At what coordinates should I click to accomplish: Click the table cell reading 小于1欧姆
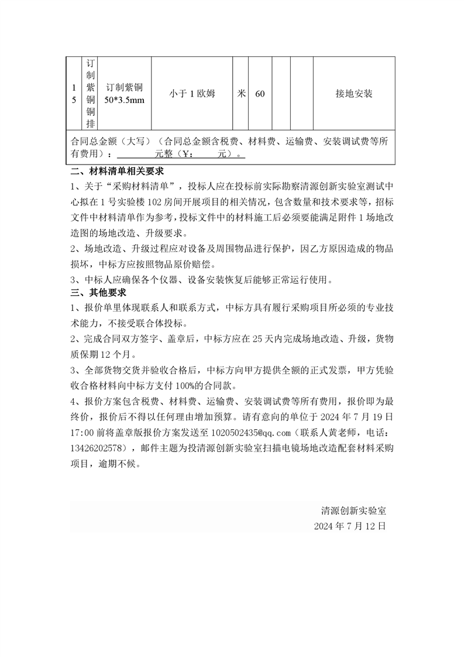[192, 94]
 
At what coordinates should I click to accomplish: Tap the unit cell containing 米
[241, 94]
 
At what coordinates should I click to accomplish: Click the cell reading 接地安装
[354, 94]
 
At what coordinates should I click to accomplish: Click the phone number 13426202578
[98, 448]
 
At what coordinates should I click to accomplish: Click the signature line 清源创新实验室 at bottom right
[353, 510]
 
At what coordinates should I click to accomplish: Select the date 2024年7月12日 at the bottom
[350, 526]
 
